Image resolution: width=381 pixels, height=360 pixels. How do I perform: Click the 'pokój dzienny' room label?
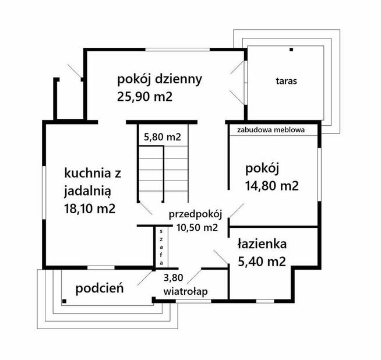click(159, 79)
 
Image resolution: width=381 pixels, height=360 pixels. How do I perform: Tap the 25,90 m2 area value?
click(144, 97)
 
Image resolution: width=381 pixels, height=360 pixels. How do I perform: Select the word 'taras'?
click(286, 81)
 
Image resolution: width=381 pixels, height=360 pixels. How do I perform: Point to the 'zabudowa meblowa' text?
click(271, 130)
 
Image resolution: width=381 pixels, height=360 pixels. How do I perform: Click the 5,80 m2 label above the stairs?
click(163, 138)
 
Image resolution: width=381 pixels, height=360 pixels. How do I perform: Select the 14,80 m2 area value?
click(272, 186)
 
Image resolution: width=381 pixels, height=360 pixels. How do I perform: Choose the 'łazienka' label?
click(261, 245)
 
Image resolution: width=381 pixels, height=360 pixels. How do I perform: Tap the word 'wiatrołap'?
click(186, 291)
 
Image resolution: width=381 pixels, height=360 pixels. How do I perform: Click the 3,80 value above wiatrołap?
click(173, 278)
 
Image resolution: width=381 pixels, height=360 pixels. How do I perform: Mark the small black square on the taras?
click(289, 51)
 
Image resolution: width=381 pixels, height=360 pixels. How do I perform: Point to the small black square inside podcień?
click(64, 301)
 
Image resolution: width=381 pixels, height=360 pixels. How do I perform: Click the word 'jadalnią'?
click(91, 190)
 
